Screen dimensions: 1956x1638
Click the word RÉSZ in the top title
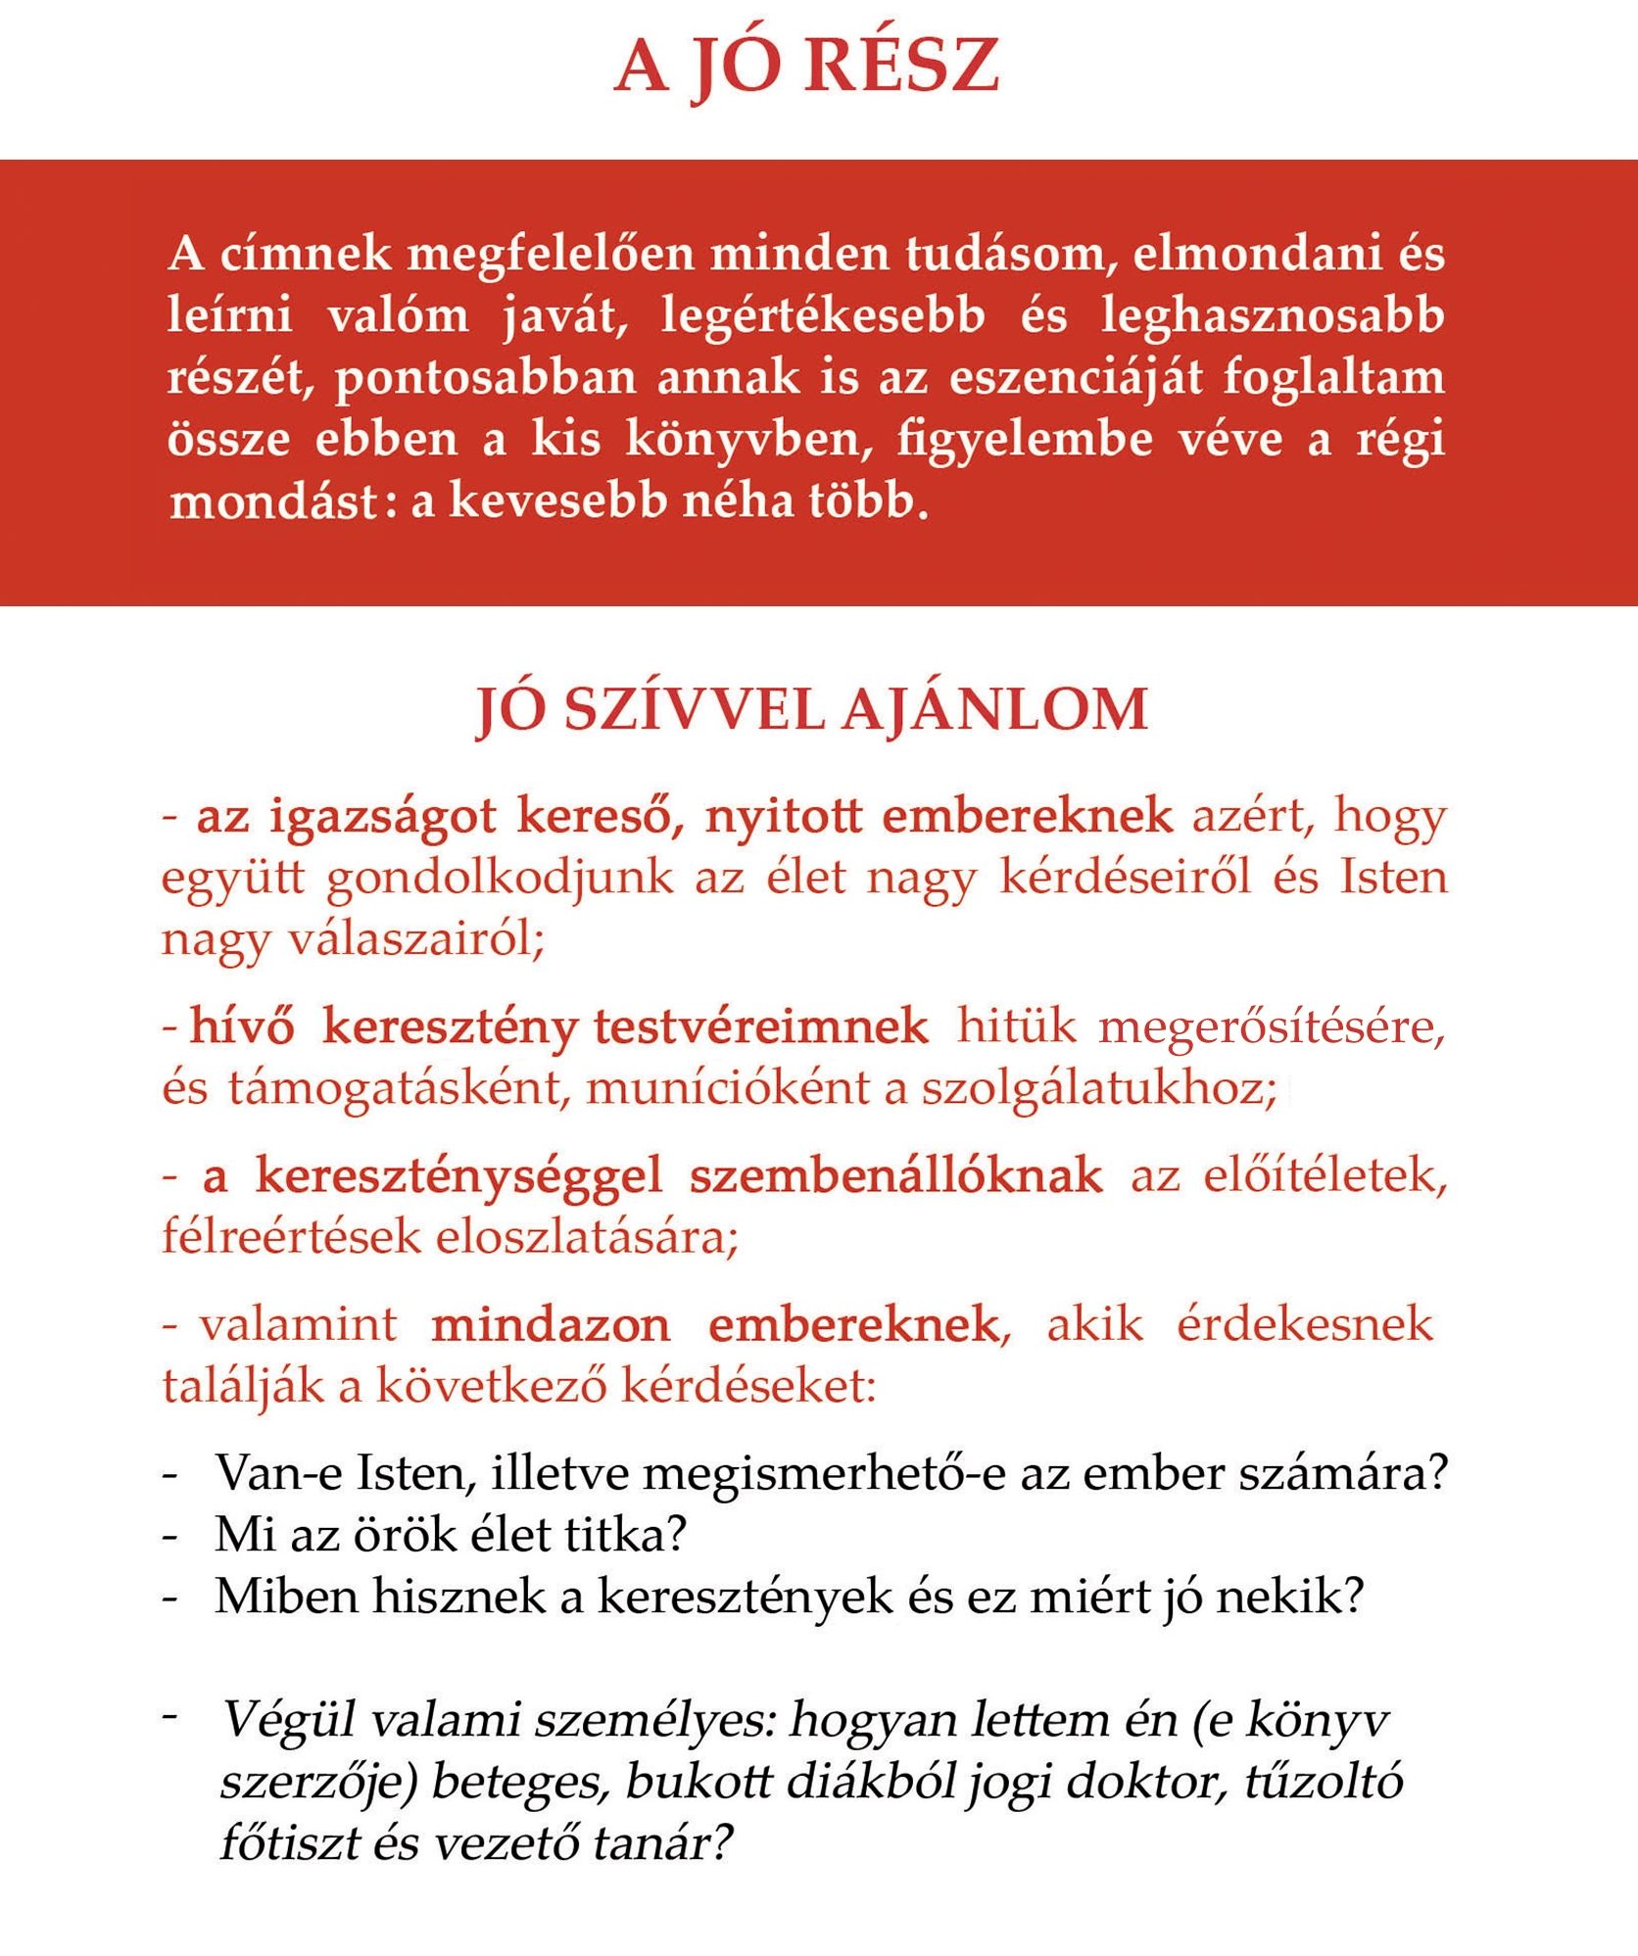[x=901, y=67]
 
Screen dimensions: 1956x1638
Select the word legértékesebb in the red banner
[x=823, y=316]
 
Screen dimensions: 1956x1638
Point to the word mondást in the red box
[x=273, y=502]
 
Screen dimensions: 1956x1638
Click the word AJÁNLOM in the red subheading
[x=994, y=710]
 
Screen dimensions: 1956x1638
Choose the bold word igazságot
[x=383, y=817]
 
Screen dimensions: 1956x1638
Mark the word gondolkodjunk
[x=500, y=878]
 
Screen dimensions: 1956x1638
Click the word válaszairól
[x=415, y=939]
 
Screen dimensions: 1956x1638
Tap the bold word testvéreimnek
[x=761, y=1027]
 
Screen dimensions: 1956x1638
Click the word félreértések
[x=290, y=1238]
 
